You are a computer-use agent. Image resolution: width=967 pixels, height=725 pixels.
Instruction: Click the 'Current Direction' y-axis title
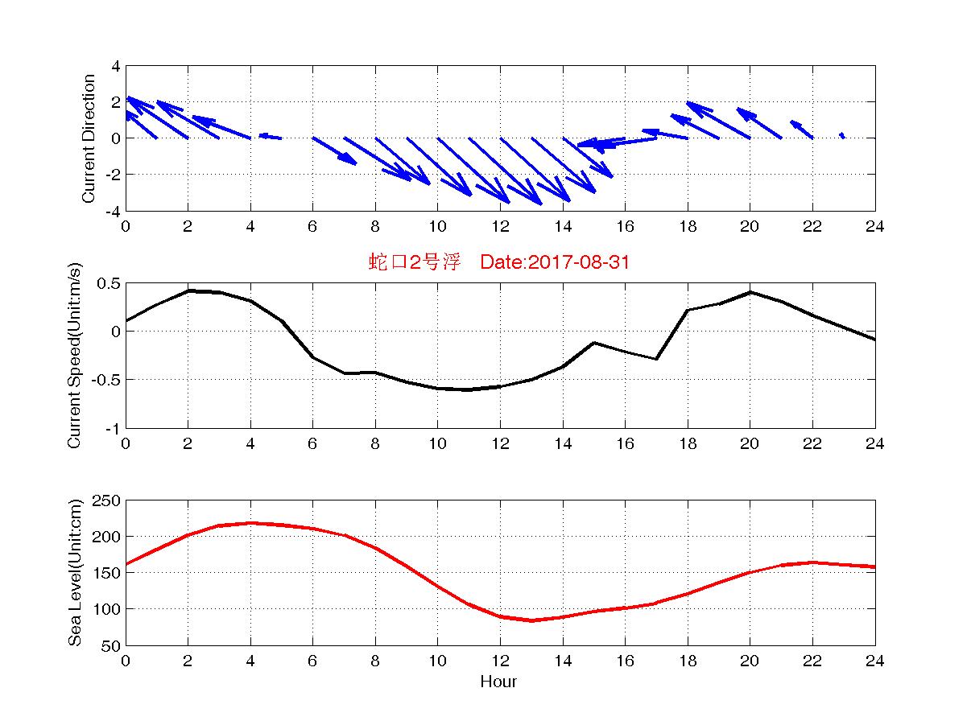coord(89,138)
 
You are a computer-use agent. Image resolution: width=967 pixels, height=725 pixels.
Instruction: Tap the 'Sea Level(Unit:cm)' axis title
coord(75,573)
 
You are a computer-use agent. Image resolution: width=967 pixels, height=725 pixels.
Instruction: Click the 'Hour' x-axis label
coord(498,682)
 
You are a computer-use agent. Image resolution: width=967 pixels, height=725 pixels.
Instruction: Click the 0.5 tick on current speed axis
coord(107,283)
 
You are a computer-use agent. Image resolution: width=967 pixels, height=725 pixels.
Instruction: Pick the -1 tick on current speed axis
coord(112,428)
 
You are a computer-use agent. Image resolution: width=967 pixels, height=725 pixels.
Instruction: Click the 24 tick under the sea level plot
coord(875,661)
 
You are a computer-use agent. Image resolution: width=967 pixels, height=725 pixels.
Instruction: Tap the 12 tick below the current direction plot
coord(499,227)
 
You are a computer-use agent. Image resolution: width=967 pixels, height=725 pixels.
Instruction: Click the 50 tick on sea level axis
coord(111,645)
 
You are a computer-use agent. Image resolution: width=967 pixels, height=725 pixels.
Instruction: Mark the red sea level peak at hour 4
coord(250,523)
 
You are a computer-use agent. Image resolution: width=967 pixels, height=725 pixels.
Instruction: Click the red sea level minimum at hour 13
coord(531,620)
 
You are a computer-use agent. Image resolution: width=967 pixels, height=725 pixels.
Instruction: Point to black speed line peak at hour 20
coord(750,292)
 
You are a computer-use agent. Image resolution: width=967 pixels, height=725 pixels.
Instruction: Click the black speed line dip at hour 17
coord(657,359)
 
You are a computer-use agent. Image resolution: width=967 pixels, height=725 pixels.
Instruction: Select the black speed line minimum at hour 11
coord(469,389)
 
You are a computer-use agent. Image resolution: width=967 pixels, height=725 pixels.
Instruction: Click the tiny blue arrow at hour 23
coord(842,135)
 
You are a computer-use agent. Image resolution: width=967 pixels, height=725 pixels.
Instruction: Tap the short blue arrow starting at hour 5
coord(271,137)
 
